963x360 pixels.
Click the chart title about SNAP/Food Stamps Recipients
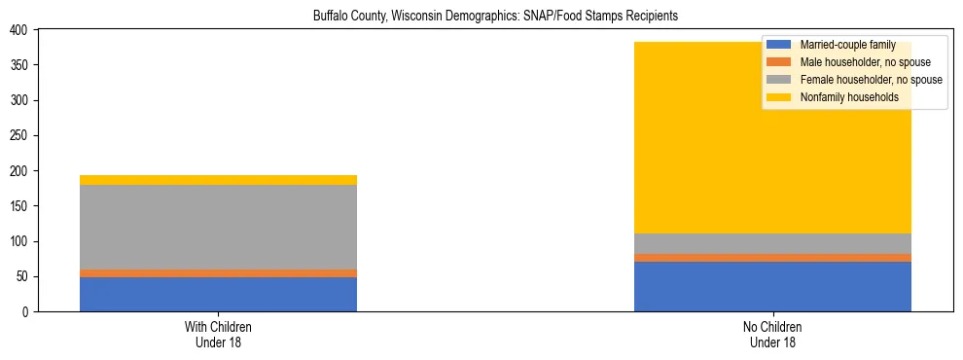(x=495, y=17)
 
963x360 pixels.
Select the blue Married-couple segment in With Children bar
(x=218, y=294)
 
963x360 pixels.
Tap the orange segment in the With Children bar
(x=218, y=273)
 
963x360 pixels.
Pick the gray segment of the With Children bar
(x=218, y=227)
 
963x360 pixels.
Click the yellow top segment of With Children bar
(x=218, y=180)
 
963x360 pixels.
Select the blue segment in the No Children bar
(x=772, y=286)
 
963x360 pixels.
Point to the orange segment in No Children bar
(x=772, y=258)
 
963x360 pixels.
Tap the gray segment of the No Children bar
(x=772, y=243)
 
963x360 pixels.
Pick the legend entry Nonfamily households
(x=842, y=97)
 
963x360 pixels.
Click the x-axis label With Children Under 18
(x=218, y=334)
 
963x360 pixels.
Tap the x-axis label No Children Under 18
(x=772, y=334)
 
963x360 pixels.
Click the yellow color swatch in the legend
(x=779, y=97)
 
